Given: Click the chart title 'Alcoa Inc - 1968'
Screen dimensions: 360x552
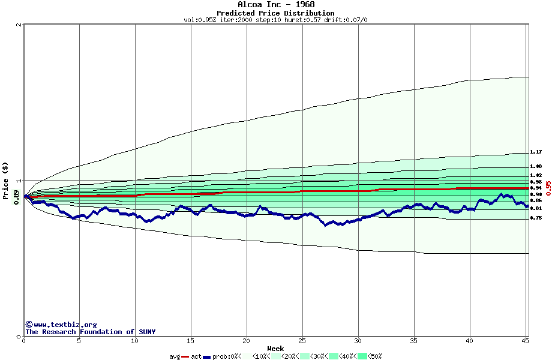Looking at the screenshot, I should [275, 5].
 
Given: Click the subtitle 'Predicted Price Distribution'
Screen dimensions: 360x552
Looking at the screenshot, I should [275, 13].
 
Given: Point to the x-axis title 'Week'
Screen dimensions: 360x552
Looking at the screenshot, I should [275, 349].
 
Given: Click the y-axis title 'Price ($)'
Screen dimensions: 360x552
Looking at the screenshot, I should [5, 180].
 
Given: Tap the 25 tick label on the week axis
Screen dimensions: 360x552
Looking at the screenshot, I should [302, 341].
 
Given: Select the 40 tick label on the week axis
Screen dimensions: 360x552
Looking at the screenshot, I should [470, 341].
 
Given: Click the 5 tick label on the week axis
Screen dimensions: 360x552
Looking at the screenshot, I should [79, 341].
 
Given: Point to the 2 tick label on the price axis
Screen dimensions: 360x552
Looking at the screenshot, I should [19, 25].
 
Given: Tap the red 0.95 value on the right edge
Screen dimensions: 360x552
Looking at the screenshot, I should [548, 188].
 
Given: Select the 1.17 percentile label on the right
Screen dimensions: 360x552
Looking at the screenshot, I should [536, 152].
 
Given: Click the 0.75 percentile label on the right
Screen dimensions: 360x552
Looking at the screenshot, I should [536, 218].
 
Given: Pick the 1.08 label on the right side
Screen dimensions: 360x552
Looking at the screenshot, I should [536, 166].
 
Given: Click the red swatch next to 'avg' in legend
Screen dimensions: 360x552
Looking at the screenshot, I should [186, 356].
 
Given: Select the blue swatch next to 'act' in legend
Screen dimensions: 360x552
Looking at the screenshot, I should [207, 356].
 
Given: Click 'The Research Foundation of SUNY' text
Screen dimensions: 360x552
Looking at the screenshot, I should [90, 332].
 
